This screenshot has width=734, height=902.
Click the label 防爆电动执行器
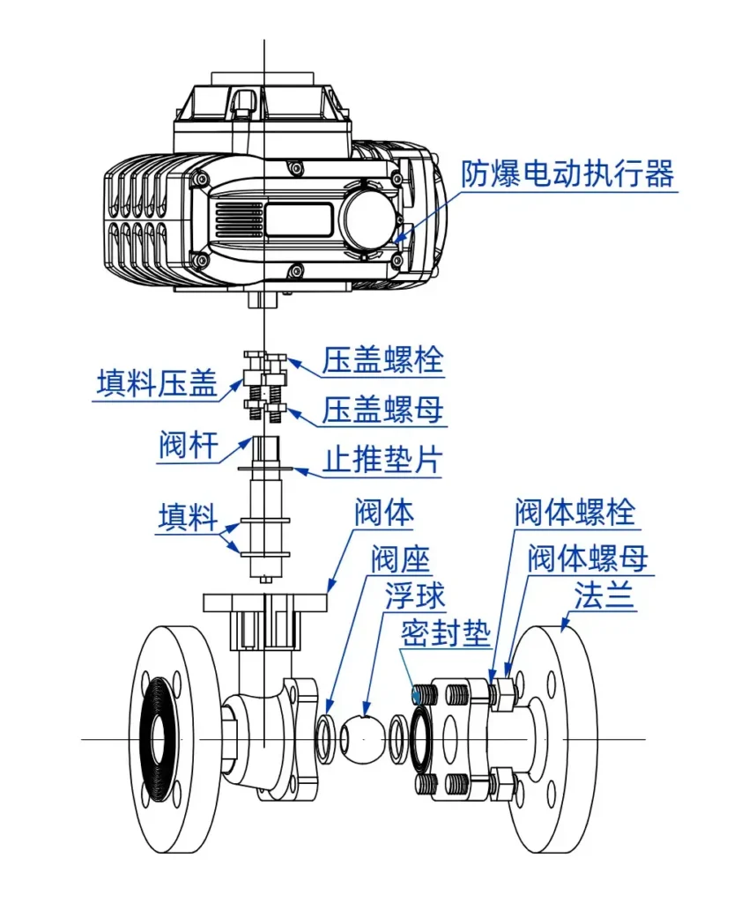[x=567, y=174]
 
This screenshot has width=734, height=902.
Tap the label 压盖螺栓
[x=382, y=360]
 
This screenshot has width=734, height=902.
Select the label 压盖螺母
[x=382, y=409]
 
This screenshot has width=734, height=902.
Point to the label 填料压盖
[x=156, y=385]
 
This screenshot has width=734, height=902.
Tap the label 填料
[x=188, y=516]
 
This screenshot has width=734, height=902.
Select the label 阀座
[x=399, y=558]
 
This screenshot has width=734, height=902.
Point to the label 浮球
[x=414, y=596]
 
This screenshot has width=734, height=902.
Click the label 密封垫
[x=445, y=633]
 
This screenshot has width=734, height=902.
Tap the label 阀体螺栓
[x=574, y=513]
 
